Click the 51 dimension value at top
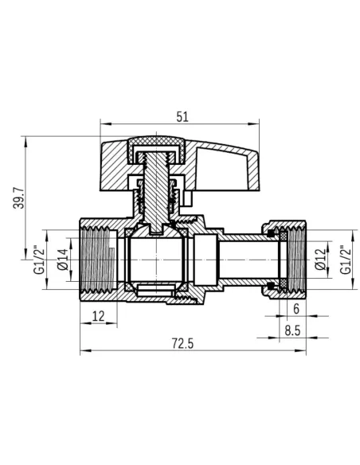pyautogui.click(x=182, y=117)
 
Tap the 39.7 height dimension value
pyautogui.click(x=18, y=197)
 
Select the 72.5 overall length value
pyautogui.click(x=182, y=344)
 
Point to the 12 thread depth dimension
pyautogui.click(x=99, y=316)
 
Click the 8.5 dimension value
pyautogui.click(x=292, y=330)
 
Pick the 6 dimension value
pyautogui.click(x=296, y=309)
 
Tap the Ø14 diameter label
pyautogui.click(x=63, y=260)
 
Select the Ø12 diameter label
pyautogui.click(x=320, y=260)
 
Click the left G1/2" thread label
pyautogui.click(x=39, y=260)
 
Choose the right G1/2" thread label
pyautogui.click(x=345, y=260)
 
